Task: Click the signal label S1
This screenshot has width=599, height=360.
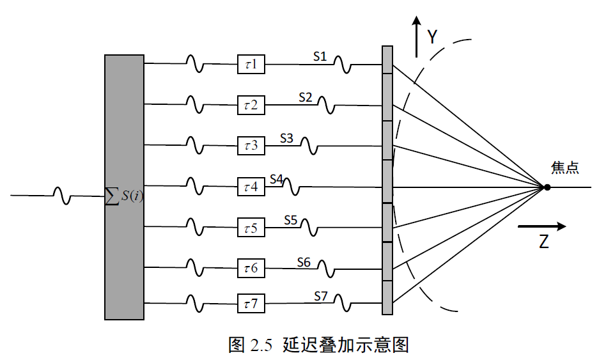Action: (x=320, y=56)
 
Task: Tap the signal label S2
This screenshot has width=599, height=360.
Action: (x=306, y=97)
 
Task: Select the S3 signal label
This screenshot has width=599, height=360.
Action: (x=286, y=138)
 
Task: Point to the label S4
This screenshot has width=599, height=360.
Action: (x=276, y=179)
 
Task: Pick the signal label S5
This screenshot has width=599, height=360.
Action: (x=291, y=220)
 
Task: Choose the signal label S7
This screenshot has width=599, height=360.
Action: (x=321, y=295)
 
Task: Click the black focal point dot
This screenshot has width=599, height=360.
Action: (x=547, y=187)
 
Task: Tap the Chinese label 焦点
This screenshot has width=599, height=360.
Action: (x=565, y=168)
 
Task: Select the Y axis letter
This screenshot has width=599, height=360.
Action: (x=432, y=37)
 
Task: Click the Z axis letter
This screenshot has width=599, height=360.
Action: (x=543, y=243)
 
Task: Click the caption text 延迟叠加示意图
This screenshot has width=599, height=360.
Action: (x=345, y=345)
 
